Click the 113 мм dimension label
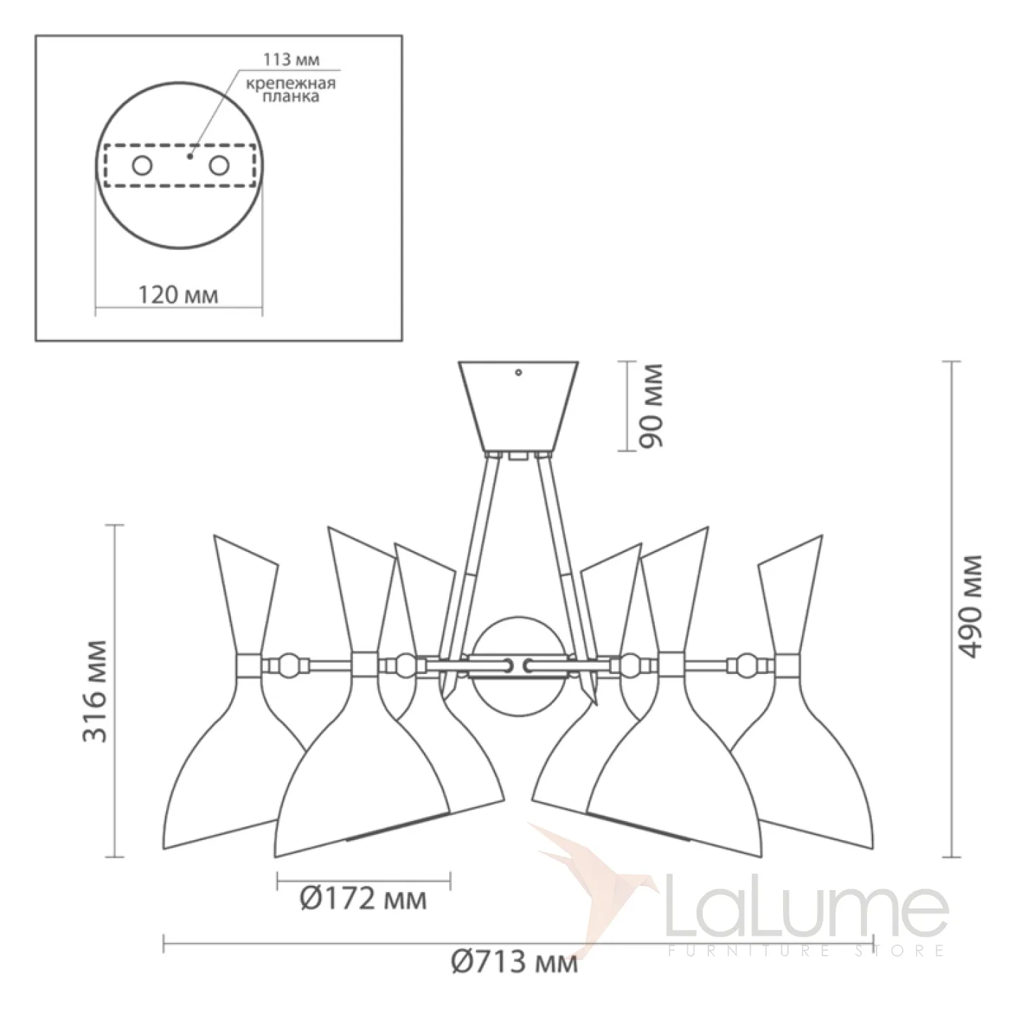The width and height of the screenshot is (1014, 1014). coord(291,59)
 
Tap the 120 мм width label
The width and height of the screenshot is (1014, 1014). coord(178,295)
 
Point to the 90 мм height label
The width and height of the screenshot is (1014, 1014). coord(651,406)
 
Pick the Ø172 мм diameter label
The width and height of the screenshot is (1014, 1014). coord(363,899)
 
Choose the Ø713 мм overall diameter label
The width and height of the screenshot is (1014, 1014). coord(514,963)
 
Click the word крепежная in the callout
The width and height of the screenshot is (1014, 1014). coord(291,83)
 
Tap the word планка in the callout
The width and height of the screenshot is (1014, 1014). coord(291,96)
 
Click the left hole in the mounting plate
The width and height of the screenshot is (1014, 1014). coord(142,165)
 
